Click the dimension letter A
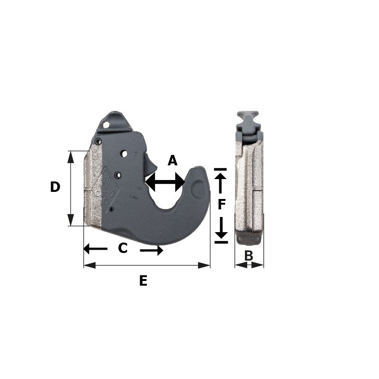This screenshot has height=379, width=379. click(x=172, y=161)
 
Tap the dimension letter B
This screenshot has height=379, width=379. click(x=249, y=255)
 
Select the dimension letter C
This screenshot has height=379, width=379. click(x=123, y=248)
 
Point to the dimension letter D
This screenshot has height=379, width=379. click(x=55, y=187)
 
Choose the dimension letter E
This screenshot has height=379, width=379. click(x=143, y=281)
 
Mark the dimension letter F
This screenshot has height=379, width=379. click(x=222, y=205)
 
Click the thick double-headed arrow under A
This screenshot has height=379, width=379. click(x=165, y=182)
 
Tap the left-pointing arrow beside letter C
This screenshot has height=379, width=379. click(x=95, y=248)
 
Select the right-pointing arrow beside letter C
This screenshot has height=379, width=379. click(x=152, y=250)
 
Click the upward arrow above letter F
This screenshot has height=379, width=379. click(x=220, y=181)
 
